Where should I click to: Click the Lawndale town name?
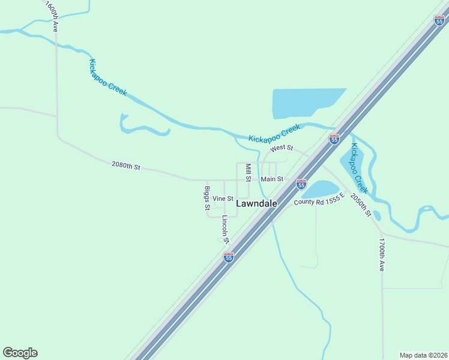coord(256,203)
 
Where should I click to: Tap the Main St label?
coord(272,179)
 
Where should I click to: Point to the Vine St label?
coord(223,198)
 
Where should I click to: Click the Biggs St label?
coord(207,198)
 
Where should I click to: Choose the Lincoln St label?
coord(226,229)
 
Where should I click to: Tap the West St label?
coord(282,148)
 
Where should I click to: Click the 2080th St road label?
coord(125,166)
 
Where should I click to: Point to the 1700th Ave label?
coord(381,254)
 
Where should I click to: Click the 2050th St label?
coord(361,205)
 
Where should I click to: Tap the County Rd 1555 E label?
coord(319,199)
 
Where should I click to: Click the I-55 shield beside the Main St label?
coord(301,184)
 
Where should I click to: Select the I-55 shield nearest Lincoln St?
coord(229,257)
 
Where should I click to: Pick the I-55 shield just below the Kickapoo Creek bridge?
coord(334,139)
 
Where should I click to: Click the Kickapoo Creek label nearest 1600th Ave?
coord(108,77)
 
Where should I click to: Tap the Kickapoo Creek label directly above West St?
coord(274,133)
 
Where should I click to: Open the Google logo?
coord(20,352)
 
